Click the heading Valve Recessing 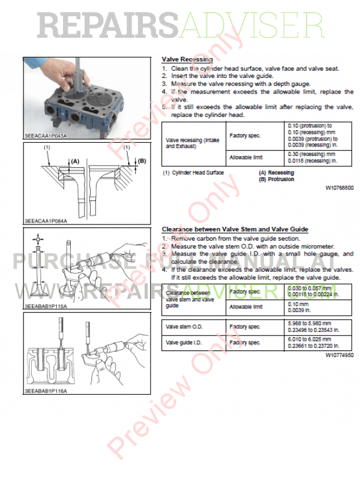tap(187, 60)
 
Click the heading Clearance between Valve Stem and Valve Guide tap(235, 229)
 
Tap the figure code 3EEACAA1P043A tap(46, 137)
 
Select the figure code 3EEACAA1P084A tap(46, 221)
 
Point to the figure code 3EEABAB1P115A tap(46, 306)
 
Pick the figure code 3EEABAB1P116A tap(46, 391)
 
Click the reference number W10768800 tap(340, 188)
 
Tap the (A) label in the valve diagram tap(75, 161)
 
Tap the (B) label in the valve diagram tap(142, 161)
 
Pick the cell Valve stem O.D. tap(182, 327)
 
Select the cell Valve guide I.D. tap(182, 343)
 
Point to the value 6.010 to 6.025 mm tap(308, 340)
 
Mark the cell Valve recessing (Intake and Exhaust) tap(192, 143)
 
